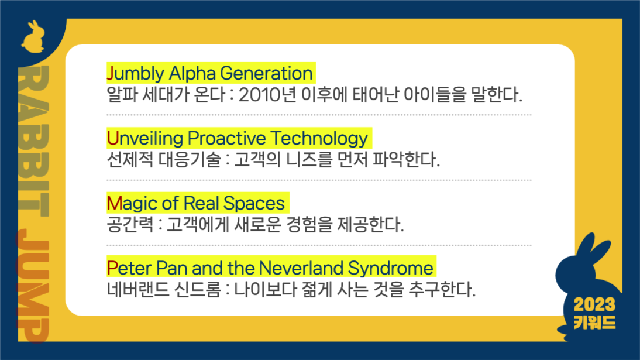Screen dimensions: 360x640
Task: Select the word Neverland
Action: (301, 269)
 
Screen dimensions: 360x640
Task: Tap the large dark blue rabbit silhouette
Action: (585, 275)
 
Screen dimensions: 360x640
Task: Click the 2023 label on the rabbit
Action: (594, 304)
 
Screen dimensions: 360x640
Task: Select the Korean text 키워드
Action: (594, 322)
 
